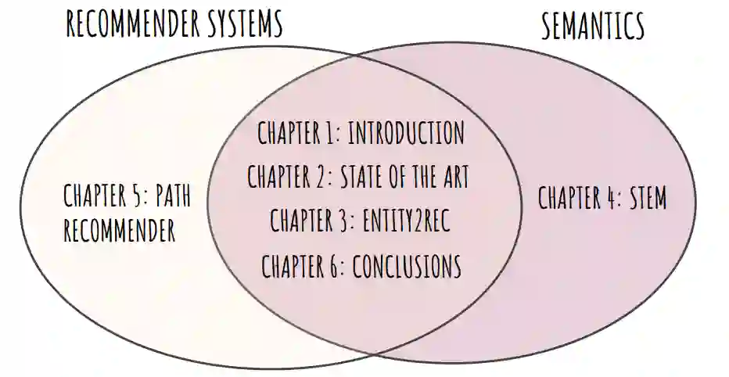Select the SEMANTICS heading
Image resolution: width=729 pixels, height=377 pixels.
pos(594,27)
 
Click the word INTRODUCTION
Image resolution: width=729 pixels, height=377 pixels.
pos(406,133)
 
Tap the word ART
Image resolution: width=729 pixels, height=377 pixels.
pos(452,177)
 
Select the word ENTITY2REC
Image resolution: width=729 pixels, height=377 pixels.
pos(407,221)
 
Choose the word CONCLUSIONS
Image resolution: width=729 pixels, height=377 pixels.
pos(407,267)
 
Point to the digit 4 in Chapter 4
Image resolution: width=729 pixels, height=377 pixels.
pos(608,198)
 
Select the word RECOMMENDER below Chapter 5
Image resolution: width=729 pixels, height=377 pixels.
pos(120,231)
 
